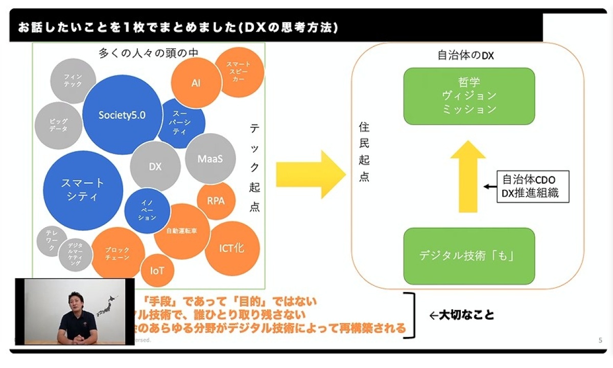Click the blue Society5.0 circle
pos(122,115)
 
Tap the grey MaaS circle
pos(210,159)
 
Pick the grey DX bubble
pos(155,166)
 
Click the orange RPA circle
pos(216,201)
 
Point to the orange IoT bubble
pos(157,270)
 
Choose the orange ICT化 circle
pos(232,248)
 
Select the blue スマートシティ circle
pos(83,190)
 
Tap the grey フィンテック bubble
pos(73,81)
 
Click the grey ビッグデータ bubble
pos(59,126)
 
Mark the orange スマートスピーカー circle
pos(239,72)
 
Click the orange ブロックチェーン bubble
pos(118,254)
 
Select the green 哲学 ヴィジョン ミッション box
pos(469,96)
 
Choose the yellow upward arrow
pos(467,177)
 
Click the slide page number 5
pos(600,340)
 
